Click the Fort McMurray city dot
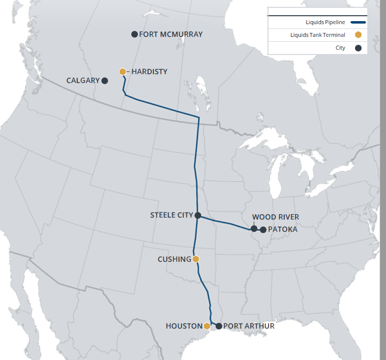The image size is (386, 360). [134, 34]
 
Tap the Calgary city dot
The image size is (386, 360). [105, 81]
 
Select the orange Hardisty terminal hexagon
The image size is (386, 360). [122, 72]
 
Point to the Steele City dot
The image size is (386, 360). [198, 215]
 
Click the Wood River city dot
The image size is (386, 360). [254, 228]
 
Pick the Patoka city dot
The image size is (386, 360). [263, 229]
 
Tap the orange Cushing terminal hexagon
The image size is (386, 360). [196, 259]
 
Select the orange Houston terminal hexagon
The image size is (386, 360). [207, 326]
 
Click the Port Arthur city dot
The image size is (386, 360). [219, 326]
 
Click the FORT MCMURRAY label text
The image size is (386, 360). [171, 34]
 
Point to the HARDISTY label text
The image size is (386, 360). [149, 72]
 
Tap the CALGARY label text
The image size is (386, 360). [83, 81]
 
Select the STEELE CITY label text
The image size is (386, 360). [172, 215]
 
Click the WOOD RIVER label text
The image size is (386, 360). [275, 217]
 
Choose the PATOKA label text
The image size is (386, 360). [283, 229]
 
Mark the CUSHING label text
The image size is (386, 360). [174, 259]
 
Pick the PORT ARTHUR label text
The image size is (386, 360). [249, 326]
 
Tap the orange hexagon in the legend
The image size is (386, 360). [358, 35]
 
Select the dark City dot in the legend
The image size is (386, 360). [358, 48]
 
